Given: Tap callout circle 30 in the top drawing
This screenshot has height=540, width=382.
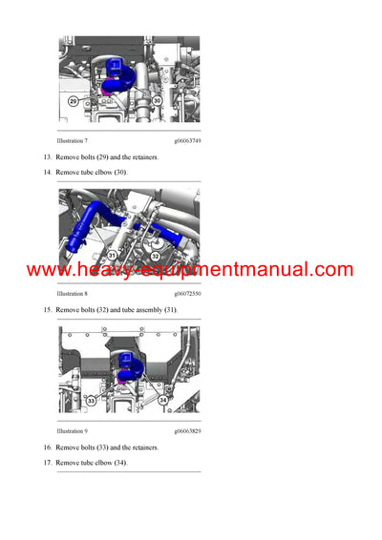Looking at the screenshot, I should (156, 100).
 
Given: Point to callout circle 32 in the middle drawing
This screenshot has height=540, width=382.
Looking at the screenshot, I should (155, 256).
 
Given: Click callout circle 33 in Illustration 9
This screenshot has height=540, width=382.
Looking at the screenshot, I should (92, 401).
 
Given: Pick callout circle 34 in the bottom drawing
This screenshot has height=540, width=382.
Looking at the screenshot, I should (163, 401).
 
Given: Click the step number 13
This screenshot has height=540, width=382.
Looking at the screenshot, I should (46, 156).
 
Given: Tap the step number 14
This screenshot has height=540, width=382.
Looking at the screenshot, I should (46, 172).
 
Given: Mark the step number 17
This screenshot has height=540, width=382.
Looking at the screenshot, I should (46, 463).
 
